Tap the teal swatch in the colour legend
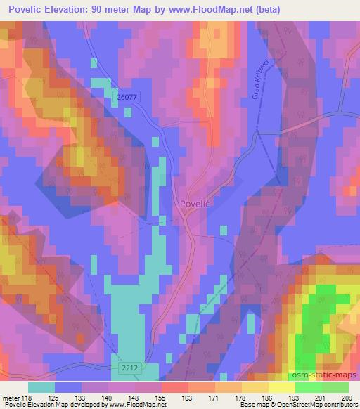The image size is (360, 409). point(41,388)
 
